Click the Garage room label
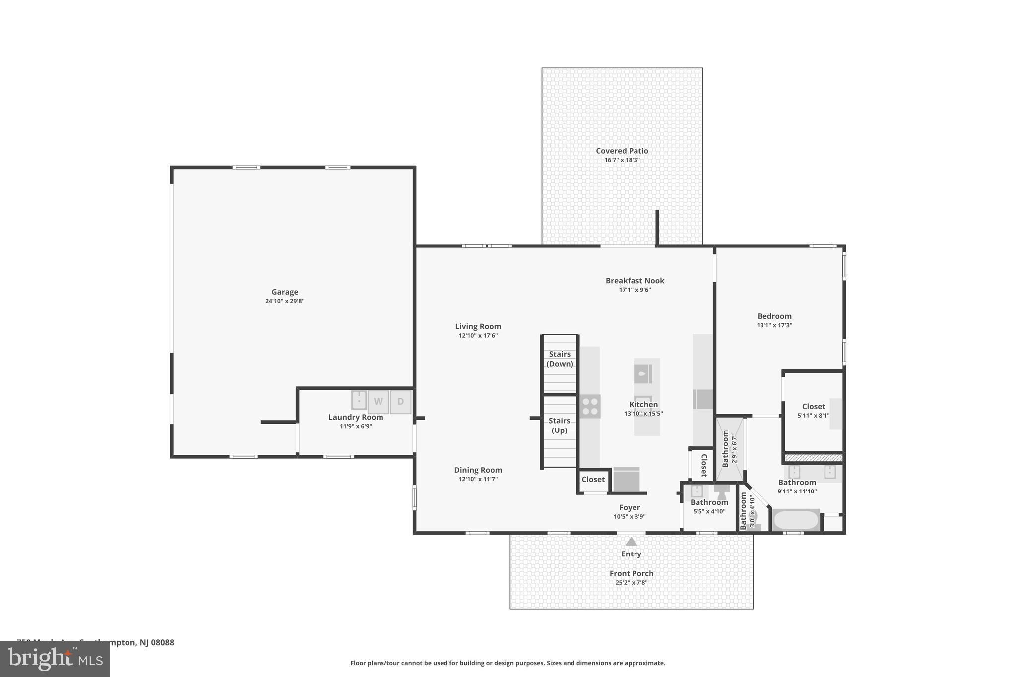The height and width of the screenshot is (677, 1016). tap(285, 292)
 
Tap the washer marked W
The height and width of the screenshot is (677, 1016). tap(378, 402)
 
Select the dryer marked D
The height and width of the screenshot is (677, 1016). tap(401, 402)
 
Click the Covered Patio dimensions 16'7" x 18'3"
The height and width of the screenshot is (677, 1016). tap(622, 160)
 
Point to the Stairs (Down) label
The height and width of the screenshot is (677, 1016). tap(560, 359)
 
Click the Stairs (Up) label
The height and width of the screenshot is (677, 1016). tap(559, 425)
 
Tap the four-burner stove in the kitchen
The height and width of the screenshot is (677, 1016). tap(590, 406)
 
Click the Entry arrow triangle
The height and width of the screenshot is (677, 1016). tap(631, 542)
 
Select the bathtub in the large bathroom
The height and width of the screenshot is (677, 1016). tap(796, 520)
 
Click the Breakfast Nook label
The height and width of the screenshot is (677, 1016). tap(635, 281)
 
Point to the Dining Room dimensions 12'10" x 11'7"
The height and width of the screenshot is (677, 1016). tap(478, 479)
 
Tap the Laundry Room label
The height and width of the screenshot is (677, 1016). tap(356, 417)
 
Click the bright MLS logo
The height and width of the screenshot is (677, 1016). tap(55, 659)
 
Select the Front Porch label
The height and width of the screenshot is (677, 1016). tap(631, 573)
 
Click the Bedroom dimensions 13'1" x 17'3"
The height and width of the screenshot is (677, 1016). tap(774, 325)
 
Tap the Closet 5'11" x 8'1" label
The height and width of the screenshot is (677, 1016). tap(813, 407)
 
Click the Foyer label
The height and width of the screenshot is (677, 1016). tap(629, 507)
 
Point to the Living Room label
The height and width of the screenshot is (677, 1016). tap(478, 326)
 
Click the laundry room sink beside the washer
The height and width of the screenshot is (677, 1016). tap(359, 400)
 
